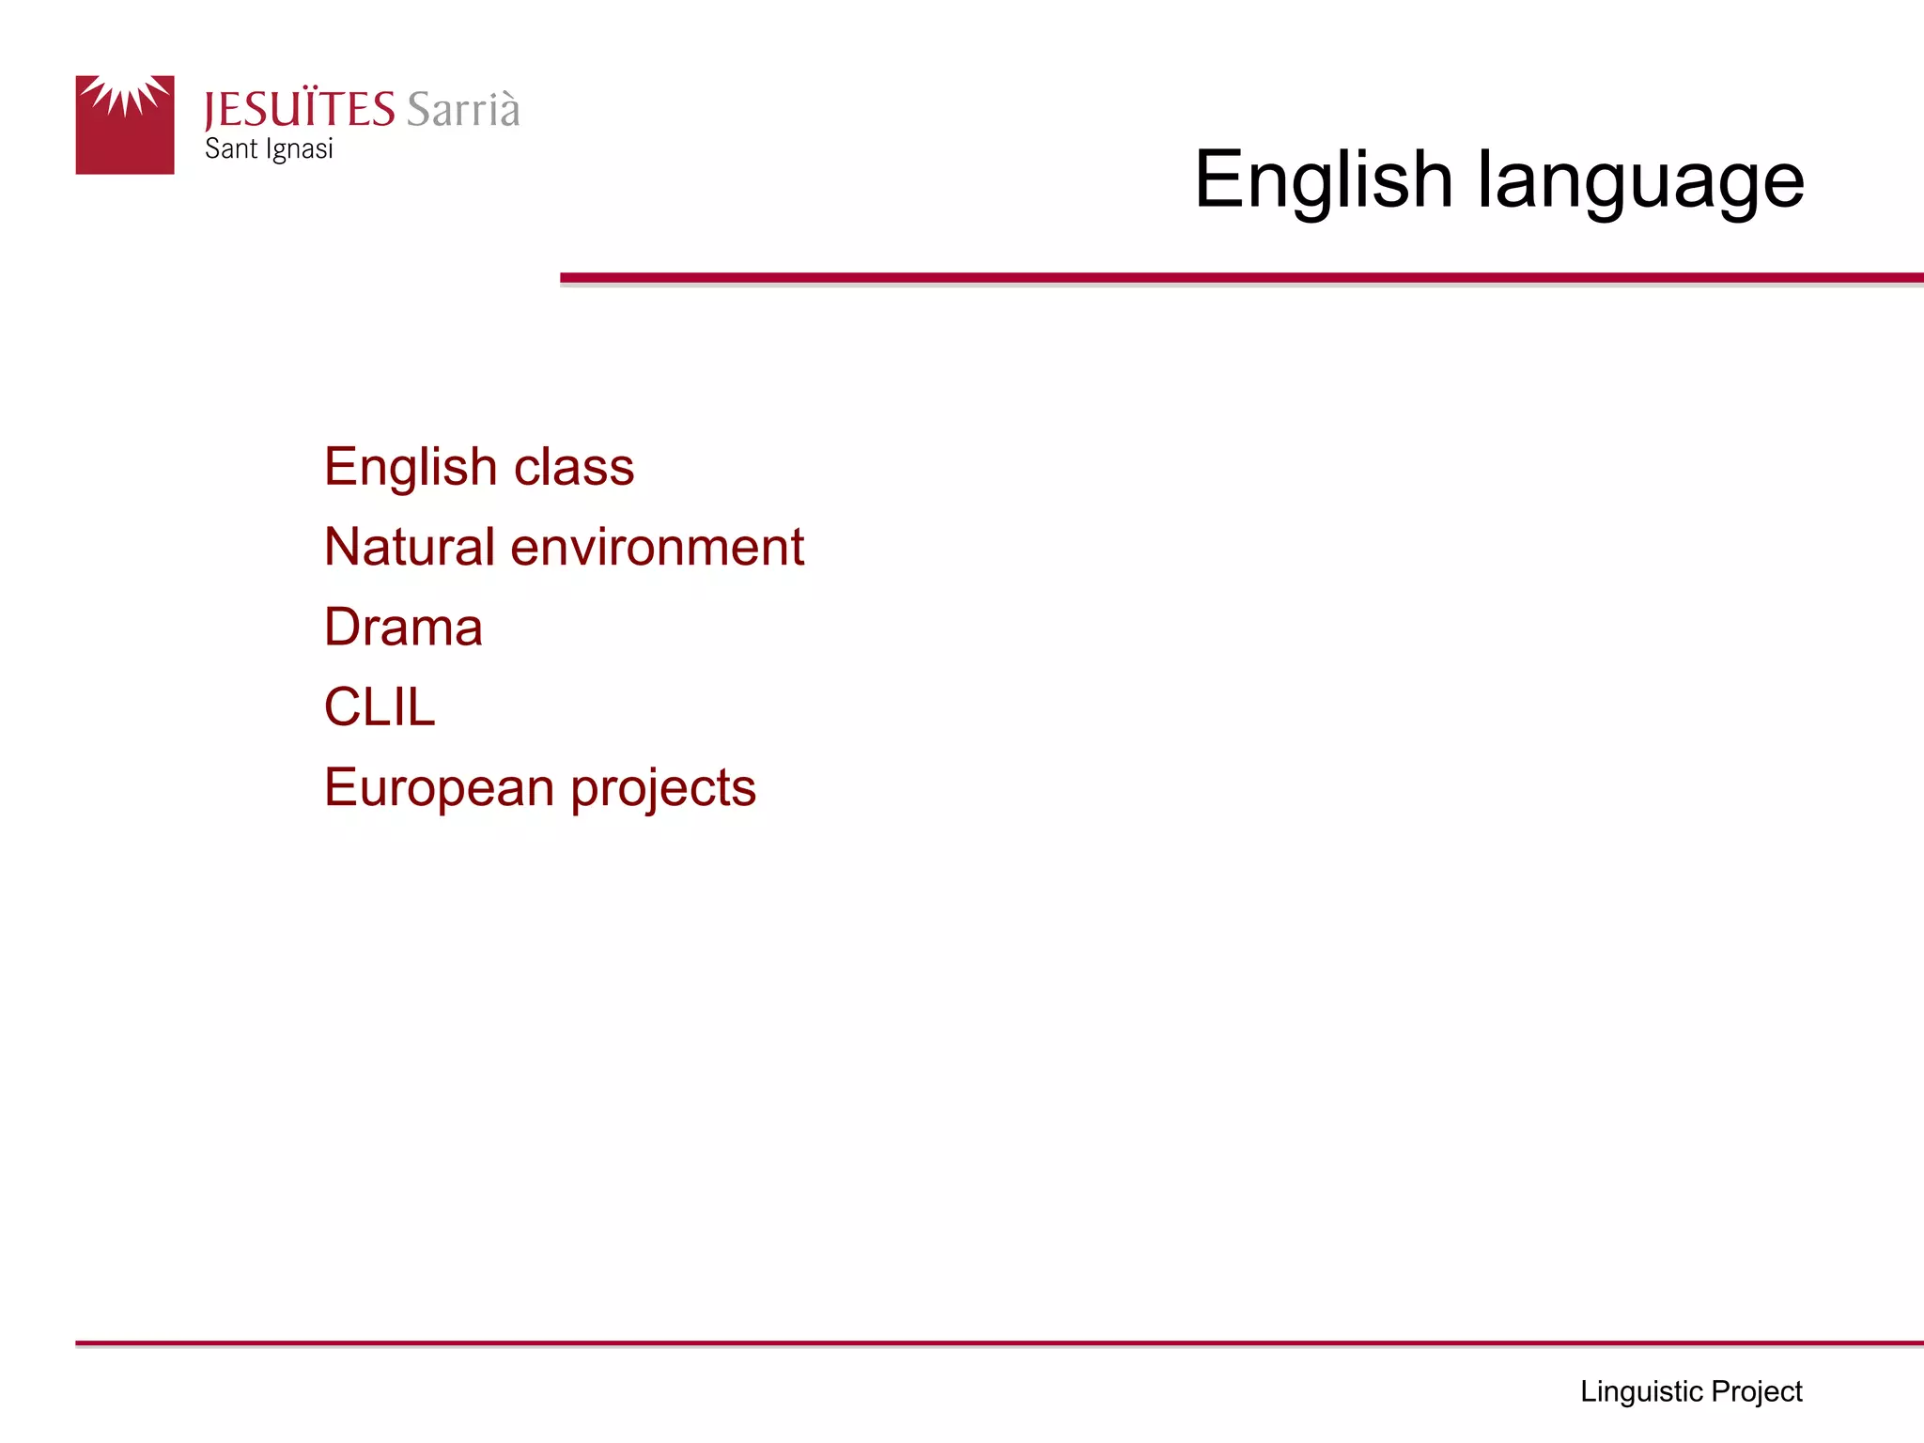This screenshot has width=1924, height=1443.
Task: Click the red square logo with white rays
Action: [125, 125]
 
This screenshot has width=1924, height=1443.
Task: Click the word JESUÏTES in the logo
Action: [300, 110]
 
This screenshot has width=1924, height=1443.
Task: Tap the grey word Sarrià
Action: [463, 110]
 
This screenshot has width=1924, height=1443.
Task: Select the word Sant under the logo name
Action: [231, 149]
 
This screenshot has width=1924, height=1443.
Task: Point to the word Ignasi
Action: [300, 150]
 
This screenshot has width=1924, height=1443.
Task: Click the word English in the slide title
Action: [1323, 179]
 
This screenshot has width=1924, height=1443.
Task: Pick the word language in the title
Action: [1640, 181]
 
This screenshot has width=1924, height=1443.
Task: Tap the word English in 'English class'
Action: [411, 468]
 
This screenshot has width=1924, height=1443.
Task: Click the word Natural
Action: [410, 547]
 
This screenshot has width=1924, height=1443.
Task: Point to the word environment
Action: [657, 548]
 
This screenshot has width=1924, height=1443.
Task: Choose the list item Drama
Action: [403, 627]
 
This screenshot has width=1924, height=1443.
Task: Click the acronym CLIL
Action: [380, 706]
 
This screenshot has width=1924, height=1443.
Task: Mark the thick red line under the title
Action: [1240, 278]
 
